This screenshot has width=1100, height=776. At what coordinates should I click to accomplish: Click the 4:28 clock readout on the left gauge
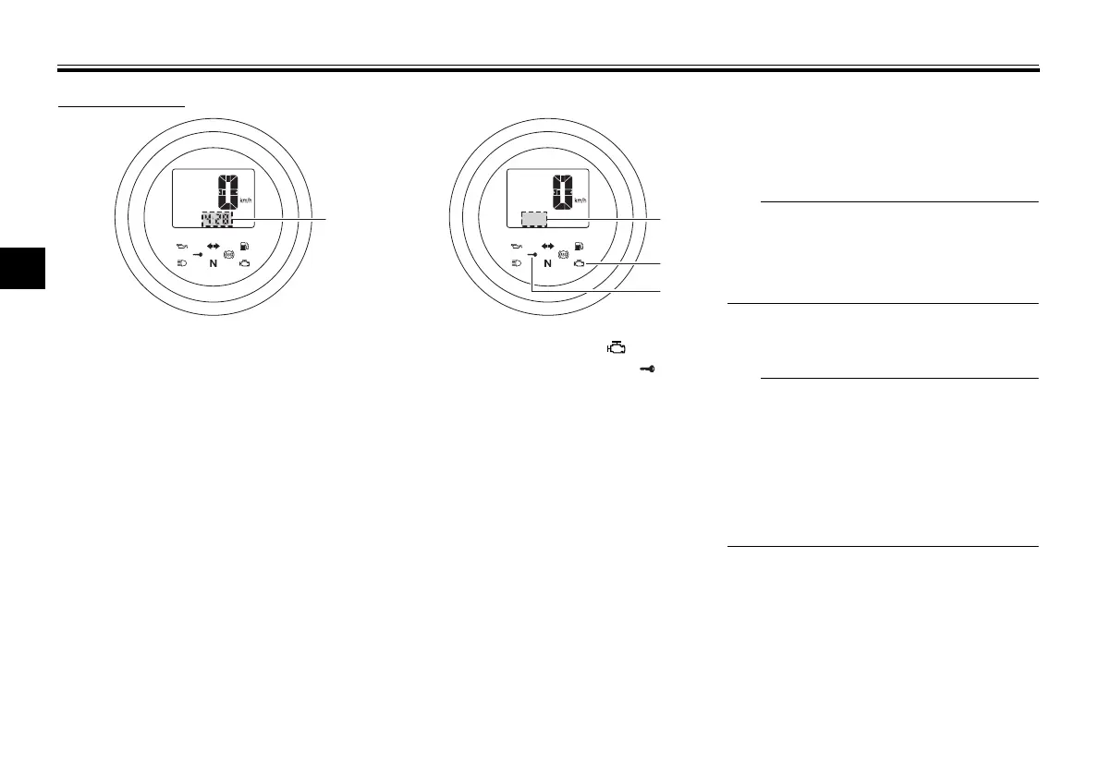218,220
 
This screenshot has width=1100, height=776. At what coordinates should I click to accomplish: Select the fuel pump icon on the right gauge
579,247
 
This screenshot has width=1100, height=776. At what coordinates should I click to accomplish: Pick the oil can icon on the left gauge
182,247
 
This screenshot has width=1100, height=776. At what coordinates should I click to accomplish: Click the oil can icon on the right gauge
517,247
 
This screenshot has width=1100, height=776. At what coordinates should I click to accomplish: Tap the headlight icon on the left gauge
181,263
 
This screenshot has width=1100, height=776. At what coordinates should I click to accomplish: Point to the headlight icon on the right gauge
516,263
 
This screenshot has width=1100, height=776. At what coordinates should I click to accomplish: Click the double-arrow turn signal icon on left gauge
214,247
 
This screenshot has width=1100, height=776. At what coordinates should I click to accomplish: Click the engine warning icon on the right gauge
579,264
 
